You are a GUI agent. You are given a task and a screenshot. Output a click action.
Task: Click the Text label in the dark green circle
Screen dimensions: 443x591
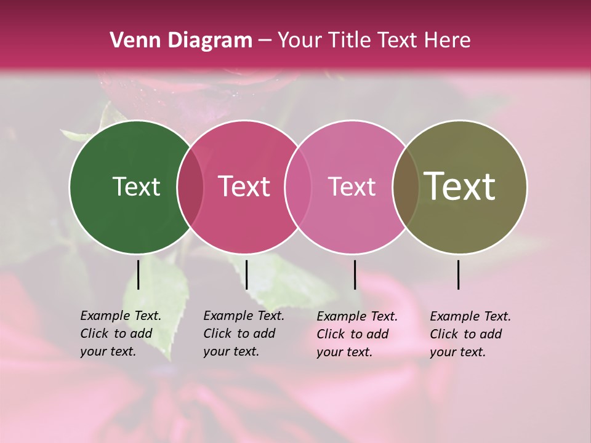(136, 187)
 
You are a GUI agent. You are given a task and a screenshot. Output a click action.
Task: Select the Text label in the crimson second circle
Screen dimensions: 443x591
(244, 187)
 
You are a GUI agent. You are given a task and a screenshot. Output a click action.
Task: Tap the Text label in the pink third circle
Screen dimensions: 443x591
(352, 187)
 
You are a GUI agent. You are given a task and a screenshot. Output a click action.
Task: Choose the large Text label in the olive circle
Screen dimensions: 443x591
(460, 187)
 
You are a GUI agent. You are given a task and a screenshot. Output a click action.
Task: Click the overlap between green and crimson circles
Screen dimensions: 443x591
(190, 187)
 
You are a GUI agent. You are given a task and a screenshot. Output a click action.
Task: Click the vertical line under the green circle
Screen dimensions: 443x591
(139, 274)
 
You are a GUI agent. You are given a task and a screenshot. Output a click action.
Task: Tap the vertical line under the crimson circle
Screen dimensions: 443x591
(246, 274)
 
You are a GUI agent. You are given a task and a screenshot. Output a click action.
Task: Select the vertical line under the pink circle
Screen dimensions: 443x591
(355, 274)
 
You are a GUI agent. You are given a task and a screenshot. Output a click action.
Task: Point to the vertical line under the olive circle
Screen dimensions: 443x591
(459, 274)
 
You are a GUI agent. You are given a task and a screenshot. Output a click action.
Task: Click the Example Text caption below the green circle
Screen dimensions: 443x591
(121, 333)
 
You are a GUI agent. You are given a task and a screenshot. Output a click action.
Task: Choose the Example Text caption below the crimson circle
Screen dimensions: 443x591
(244, 333)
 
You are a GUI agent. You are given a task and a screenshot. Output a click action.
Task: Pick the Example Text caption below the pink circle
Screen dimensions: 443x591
(357, 334)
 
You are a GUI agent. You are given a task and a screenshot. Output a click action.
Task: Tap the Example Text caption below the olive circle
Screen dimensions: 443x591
(470, 334)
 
